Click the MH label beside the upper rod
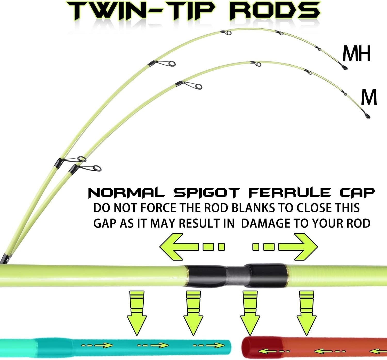pyautogui.click(x=356, y=53)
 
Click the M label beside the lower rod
pyautogui.click(x=369, y=97)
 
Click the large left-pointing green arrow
pyautogui.click(x=192, y=247)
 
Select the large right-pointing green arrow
pyautogui.click(x=285, y=247)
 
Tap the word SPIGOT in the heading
pyautogui.click(x=206, y=193)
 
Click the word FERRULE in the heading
pyautogui.click(x=289, y=193)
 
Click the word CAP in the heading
pyautogui.click(x=357, y=193)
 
